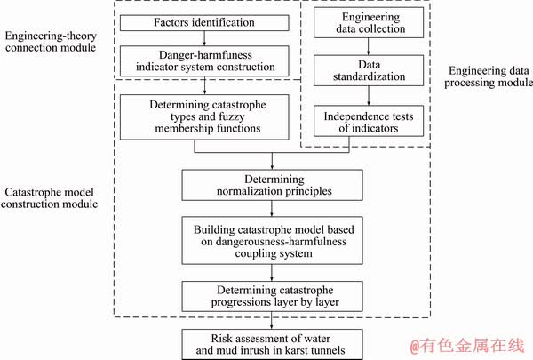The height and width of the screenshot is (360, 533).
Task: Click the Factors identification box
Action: [x=204, y=23]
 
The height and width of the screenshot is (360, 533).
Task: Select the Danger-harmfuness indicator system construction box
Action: [x=204, y=61]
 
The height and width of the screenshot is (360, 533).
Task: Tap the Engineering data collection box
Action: [x=369, y=22]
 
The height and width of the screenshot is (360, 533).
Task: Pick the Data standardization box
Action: [x=369, y=70]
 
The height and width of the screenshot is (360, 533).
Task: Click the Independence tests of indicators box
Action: [x=369, y=121]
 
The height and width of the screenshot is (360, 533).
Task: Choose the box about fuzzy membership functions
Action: [x=204, y=117]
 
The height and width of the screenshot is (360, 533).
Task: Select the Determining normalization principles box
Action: [x=273, y=185]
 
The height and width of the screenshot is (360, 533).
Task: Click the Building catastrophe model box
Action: [x=273, y=241]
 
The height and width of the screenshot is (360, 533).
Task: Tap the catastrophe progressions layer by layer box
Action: [x=273, y=296]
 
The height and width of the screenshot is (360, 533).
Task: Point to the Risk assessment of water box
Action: [x=273, y=344]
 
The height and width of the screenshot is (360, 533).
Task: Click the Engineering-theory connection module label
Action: [x=51, y=42]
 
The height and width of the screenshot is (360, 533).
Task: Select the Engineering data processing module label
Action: [x=489, y=76]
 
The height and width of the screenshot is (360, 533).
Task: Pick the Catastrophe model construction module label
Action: [x=49, y=198]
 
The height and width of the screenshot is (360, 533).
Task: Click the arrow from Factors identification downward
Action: [x=204, y=38]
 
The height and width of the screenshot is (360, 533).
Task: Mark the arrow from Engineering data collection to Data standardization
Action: [x=368, y=46]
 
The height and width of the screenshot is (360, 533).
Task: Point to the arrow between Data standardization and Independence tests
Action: [x=369, y=96]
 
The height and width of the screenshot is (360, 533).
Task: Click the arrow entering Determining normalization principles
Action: [x=272, y=161]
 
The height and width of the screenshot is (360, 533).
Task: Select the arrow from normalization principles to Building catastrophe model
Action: [x=272, y=209]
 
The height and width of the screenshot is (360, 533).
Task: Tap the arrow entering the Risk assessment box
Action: [x=272, y=320]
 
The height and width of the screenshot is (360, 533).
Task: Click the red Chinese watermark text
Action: [x=467, y=346]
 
